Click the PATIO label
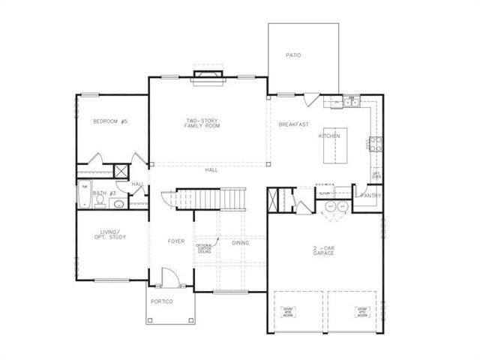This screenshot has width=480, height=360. click(293, 55)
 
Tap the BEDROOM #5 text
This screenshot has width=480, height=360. click(110, 121)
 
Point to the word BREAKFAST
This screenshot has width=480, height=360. click(294, 124)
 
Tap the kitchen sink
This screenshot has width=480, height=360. click(351, 101)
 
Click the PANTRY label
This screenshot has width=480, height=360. click(370, 196)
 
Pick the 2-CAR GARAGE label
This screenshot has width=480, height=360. click(324, 250)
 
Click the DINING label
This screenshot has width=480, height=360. click(240, 242)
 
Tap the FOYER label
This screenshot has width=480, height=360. click(176, 241)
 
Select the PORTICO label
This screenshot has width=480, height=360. click(162, 301)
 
